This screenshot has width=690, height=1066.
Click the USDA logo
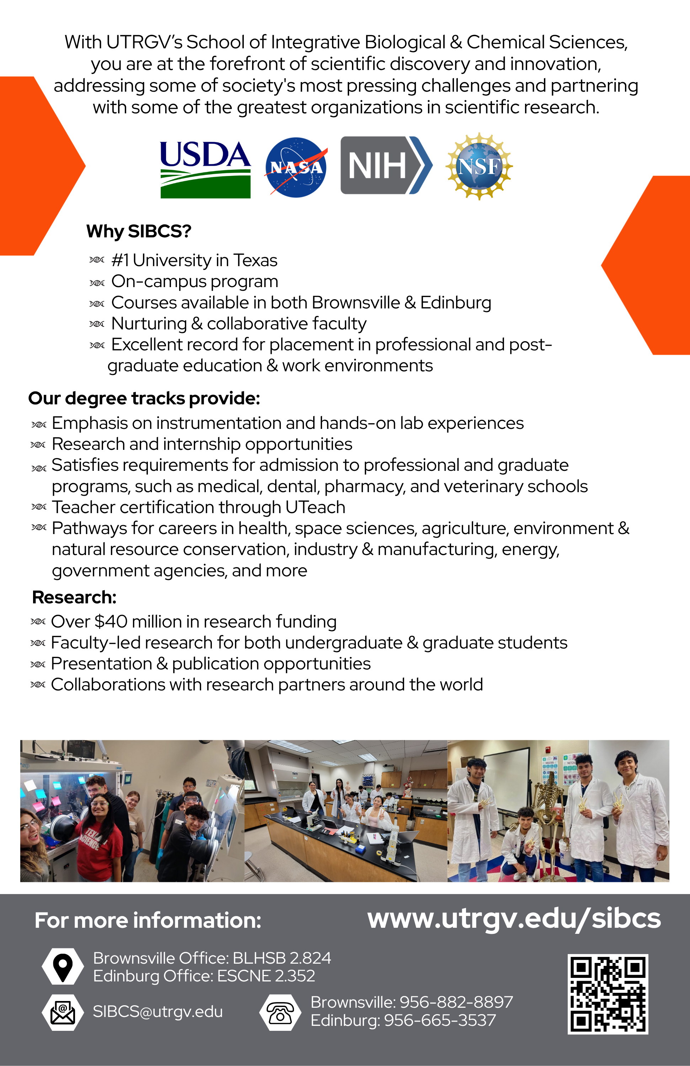point(205,169)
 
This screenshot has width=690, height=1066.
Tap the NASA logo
point(296,167)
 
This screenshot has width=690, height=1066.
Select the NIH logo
point(386,165)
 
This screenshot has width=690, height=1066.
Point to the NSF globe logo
point(479,166)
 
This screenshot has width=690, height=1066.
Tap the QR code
point(608,994)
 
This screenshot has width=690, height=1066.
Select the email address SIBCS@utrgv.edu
point(158,1011)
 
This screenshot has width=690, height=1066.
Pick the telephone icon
point(280,1012)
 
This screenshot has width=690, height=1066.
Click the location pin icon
point(63,966)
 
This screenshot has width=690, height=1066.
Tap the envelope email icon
point(63,1012)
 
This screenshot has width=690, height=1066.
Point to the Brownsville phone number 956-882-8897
point(456,1002)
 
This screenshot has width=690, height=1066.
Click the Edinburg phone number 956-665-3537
point(440,1020)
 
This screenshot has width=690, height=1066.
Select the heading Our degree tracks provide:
point(144,398)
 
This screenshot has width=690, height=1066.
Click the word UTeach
point(315,507)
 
